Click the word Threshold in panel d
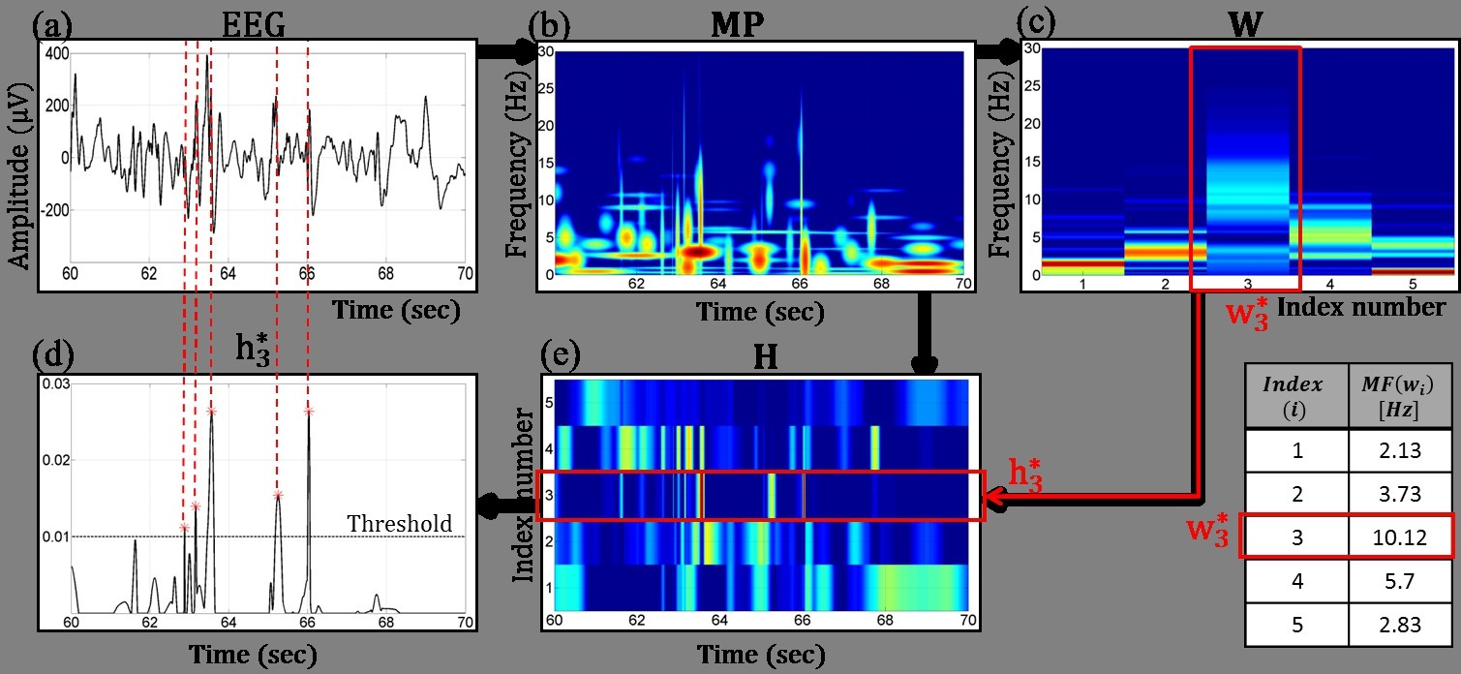click(399, 524)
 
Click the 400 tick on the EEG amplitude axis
click(55, 52)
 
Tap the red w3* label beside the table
click(1209, 536)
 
